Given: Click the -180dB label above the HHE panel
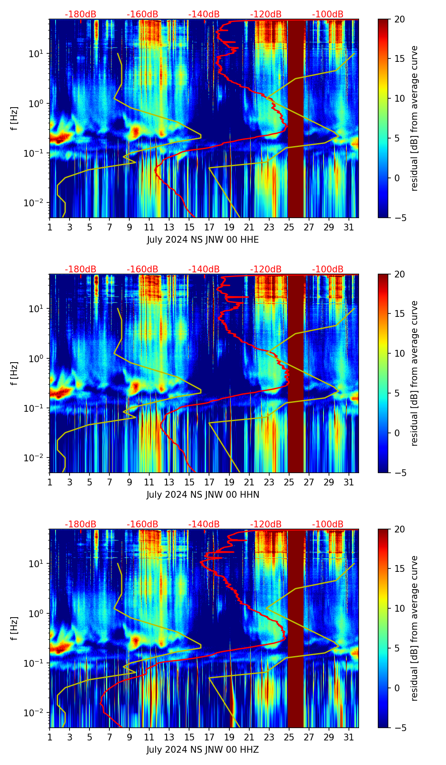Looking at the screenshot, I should click(81, 14).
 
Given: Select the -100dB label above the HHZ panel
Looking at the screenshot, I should click(328, 524).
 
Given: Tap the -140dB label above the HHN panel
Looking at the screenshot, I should click(204, 269).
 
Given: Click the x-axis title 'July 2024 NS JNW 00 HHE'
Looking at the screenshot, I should click(203, 240).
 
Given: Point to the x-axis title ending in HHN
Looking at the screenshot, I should click(203, 495).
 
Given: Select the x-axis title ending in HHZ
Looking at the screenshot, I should click(203, 750).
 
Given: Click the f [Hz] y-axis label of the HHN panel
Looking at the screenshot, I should click(14, 373).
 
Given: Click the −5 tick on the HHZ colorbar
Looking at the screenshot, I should click(399, 728).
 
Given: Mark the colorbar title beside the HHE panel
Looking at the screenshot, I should click(414, 118).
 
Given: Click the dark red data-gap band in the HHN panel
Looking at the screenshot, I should click(296, 373).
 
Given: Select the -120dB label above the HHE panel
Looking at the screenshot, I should click(266, 14).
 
